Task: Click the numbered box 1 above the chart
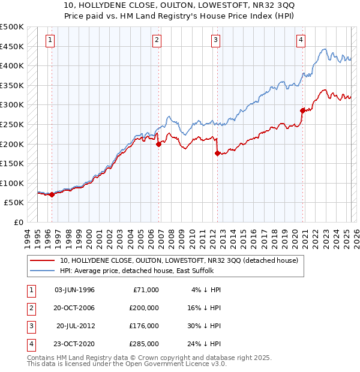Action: pos(49,40)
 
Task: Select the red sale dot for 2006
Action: pos(158,144)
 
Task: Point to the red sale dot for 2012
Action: pos(217,153)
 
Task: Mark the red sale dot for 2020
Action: pos(302,110)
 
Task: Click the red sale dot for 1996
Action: pos(52,194)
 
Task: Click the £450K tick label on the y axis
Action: pos(12,46)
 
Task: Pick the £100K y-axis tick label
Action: pos(12,183)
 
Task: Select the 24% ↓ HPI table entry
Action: pos(205,344)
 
